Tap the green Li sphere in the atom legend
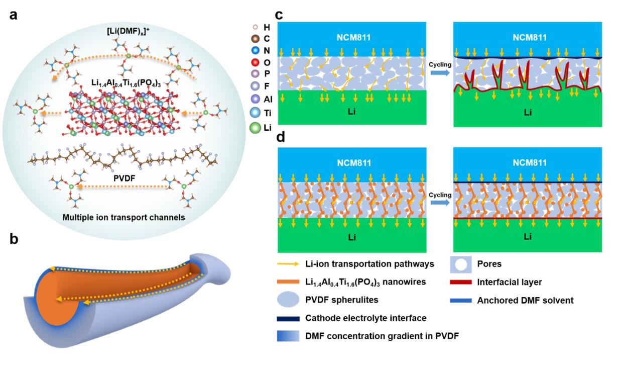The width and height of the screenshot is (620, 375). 256,128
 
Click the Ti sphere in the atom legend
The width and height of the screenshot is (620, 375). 256,113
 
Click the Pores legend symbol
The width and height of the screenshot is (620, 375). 460,264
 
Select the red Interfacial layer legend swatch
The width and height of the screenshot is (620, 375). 461,283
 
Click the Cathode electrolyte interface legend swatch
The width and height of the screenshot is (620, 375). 288,318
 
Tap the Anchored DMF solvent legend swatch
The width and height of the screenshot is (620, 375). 461,301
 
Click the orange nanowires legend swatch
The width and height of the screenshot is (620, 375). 288,283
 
